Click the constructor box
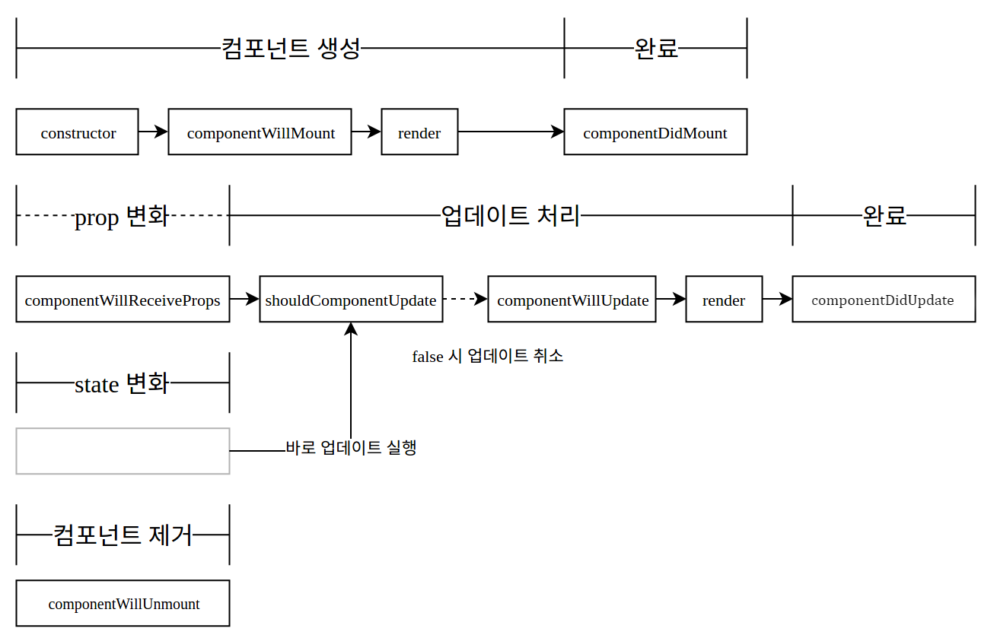click(x=77, y=132)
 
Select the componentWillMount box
click(x=260, y=132)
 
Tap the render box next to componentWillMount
click(x=419, y=132)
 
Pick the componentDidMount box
click(x=655, y=132)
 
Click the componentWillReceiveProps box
click(x=123, y=300)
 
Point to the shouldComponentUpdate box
click(x=351, y=300)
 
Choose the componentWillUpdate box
click(x=572, y=300)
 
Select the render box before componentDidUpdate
click(x=724, y=300)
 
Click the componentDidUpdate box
click(x=884, y=300)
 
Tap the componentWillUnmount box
click(x=123, y=604)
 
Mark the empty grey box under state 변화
click(x=123, y=451)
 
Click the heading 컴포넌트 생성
click(x=290, y=49)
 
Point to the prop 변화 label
click(x=121, y=217)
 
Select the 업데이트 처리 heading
click(x=511, y=216)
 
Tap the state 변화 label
click(x=122, y=383)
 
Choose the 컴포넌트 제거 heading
click(x=123, y=535)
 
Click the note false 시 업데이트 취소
click(x=488, y=356)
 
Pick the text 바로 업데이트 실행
click(x=351, y=447)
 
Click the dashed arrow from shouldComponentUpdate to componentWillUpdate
click(x=465, y=300)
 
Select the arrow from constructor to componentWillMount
click(x=153, y=132)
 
